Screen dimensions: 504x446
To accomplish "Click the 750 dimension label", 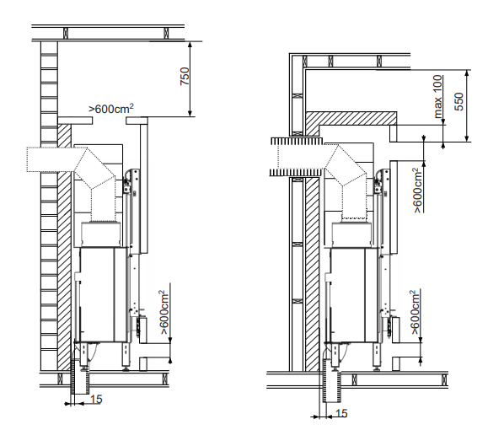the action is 185,76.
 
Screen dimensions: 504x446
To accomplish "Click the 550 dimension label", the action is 459,102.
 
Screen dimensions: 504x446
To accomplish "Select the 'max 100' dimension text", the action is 437,96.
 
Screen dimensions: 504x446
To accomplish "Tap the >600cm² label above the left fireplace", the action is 111,109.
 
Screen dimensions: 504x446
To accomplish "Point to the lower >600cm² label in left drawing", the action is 164,312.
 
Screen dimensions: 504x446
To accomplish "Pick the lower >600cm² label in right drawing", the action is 415,312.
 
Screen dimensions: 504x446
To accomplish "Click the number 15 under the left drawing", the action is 96,400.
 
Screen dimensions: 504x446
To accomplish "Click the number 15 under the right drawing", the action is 341,413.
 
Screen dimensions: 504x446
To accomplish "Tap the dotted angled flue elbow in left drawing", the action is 94,168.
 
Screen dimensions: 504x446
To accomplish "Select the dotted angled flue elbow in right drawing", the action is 346,165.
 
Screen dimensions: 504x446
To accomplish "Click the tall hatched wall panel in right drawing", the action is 312,274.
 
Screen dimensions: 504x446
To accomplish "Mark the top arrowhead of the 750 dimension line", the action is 190,45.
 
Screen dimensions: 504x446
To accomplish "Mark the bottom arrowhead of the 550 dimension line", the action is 467,138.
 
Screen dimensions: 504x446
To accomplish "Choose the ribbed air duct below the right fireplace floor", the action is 332,386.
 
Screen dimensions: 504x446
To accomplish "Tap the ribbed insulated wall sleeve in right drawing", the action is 296,156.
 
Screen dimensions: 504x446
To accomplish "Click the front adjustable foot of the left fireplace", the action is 126,357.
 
